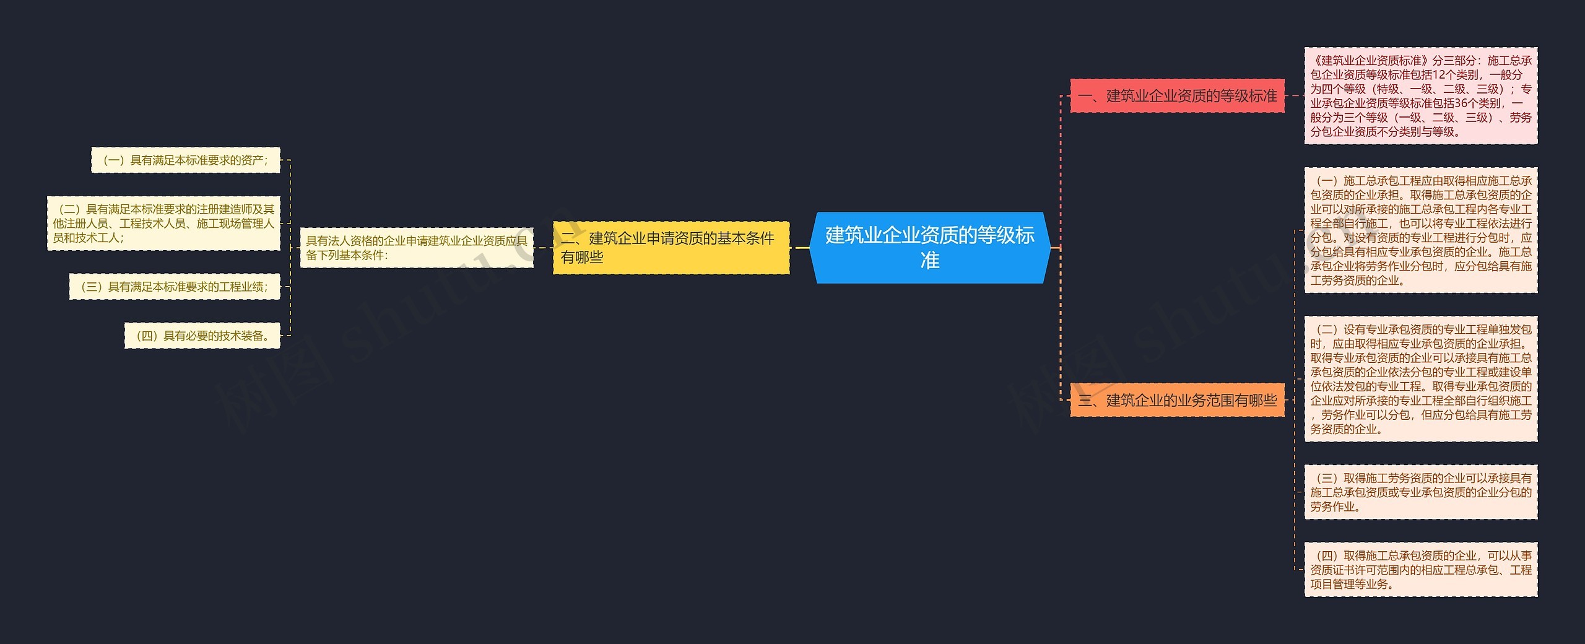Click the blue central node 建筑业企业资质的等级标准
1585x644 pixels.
pyautogui.click(x=929, y=248)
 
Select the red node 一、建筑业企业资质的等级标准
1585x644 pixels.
pyautogui.click(x=1177, y=96)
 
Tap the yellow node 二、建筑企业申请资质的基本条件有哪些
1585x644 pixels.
pyautogui.click(x=671, y=248)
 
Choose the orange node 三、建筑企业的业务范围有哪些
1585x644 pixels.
pyautogui.click(x=1177, y=400)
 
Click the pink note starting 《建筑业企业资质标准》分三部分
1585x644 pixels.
pyautogui.click(x=1420, y=96)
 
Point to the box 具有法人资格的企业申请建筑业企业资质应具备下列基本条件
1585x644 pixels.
pyautogui.click(x=416, y=248)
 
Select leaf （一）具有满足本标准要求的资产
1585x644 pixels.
pyautogui.click(x=186, y=160)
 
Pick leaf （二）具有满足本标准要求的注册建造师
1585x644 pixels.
pyautogui.click(x=163, y=224)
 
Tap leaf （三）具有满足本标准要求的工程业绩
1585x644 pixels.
pyautogui.click(x=175, y=287)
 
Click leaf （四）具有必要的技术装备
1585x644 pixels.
pyautogui.click(x=202, y=336)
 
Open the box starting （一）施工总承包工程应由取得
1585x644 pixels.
pyautogui.click(x=1420, y=230)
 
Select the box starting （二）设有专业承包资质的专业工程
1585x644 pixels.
pyautogui.click(x=1420, y=379)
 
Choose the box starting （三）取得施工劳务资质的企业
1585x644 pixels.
pyautogui.click(x=1420, y=492)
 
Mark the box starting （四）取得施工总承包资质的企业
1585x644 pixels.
pyautogui.click(x=1420, y=570)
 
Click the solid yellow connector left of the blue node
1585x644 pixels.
pyautogui.click(x=801, y=248)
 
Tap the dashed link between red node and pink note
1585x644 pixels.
pyautogui.click(x=1295, y=96)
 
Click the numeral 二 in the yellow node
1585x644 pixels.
pyautogui.click(x=568, y=238)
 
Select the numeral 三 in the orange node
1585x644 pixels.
pyautogui.click(x=1085, y=401)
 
